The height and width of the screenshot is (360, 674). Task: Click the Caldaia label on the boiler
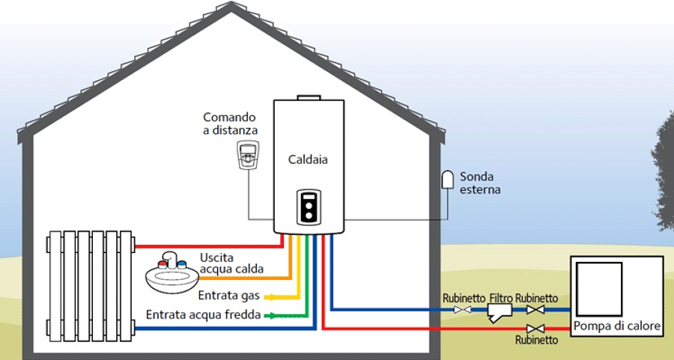(308, 159)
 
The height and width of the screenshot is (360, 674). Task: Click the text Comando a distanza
(230, 124)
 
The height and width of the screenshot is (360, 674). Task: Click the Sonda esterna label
(480, 183)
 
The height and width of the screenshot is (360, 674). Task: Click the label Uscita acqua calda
(231, 263)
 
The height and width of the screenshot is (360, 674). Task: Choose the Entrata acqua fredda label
(203, 314)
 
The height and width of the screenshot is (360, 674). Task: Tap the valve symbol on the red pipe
(535, 329)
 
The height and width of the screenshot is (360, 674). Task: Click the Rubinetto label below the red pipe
(536, 341)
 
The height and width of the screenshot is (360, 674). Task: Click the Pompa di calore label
(617, 326)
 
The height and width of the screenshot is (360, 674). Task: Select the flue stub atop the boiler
(308, 98)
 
